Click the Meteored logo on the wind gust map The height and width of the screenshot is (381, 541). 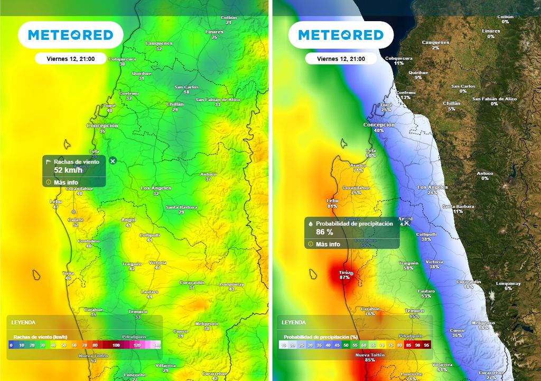coord(70,35)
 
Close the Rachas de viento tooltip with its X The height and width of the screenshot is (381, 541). coord(113,160)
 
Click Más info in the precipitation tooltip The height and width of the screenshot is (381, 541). coord(328,244)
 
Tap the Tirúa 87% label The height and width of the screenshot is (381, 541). coord(345,275)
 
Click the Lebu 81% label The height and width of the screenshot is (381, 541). coord(332,203)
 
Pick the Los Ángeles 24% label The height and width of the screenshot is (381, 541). coord(432,190)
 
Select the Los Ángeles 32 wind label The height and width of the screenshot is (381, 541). coord(156,190)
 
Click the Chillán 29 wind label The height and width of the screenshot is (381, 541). coord(175,107)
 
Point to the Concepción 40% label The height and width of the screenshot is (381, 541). coord(379,127)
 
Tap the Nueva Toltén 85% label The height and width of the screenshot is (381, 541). coord(369,357)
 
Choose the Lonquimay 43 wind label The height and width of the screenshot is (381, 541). coord(231,286)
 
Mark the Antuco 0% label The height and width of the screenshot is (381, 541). coord(485,176)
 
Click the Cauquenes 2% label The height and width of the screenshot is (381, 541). coord(435,45)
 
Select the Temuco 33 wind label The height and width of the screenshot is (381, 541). coord(138,314)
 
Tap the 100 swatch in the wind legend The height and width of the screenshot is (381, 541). coord(116,345)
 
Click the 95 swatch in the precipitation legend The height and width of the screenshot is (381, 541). coord(426,345)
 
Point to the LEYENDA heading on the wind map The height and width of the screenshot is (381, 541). coord(24,322)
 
